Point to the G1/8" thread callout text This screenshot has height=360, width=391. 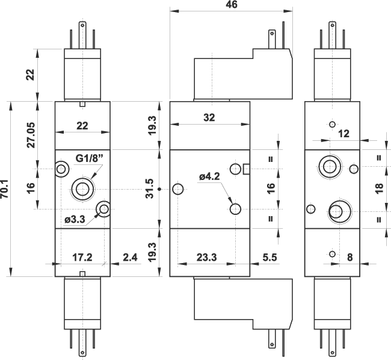[x=90, y=158]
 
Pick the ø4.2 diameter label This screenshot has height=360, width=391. [x=209, y=176]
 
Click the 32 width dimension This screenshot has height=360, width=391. [x=209, y=118]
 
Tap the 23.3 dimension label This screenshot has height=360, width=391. [x=206, y=257]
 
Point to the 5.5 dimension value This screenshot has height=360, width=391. [x=270, y=257]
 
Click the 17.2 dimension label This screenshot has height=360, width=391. [x=82, y=257]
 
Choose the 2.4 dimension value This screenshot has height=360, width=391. [x=129, y=257]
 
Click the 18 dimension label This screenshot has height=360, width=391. [x=378, y=188]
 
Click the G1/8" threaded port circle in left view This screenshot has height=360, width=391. [x=82, y=189]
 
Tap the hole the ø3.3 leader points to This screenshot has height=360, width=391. [x=105, y=209]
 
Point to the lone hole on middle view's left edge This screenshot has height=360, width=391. [x=177, y=190]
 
